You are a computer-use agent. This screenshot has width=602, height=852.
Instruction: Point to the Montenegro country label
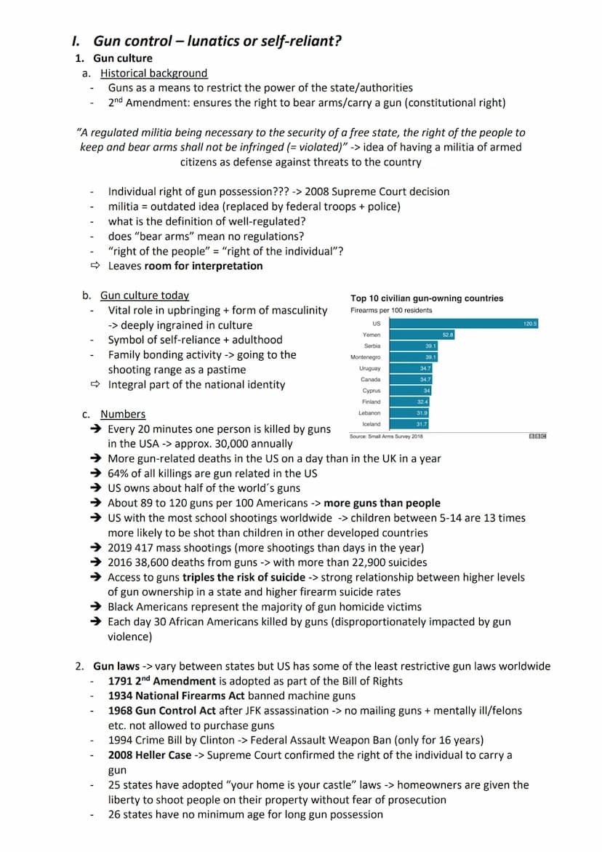(366, 357)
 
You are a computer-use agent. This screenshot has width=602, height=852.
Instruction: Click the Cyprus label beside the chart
(371, 391)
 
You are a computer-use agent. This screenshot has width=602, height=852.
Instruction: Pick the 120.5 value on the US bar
(530, 323)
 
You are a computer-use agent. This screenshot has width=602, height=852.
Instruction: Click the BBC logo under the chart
(538, 436)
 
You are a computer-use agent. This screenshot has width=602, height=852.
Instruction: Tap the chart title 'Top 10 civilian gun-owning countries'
(427, 298)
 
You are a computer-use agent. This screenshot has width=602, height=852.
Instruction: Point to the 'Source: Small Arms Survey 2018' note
(387, 436)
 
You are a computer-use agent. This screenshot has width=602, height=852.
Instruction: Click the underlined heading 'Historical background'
(153, 73)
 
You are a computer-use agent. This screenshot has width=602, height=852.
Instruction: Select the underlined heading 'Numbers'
(123, 414)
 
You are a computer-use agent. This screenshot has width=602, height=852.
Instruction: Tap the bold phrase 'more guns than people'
(382, 503)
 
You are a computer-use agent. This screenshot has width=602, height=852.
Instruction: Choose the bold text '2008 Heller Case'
(150, 755)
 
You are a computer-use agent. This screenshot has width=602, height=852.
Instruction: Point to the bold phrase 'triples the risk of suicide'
(244, 577)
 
